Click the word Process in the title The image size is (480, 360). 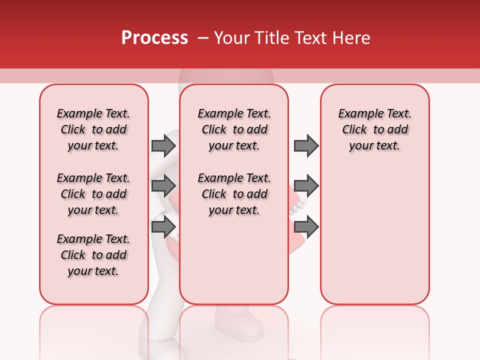coord(154,38)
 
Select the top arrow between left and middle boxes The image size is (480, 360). coord(163,145)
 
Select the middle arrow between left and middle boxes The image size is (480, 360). coord(163,186)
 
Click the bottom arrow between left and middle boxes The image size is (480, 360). coord(163,227)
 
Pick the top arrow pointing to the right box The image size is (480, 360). coord(306,145)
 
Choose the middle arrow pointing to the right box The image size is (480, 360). coord(306,186)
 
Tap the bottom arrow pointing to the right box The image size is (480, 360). coord(306,227)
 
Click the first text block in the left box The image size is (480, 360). coord(93,129)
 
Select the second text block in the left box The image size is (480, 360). coord(93,194)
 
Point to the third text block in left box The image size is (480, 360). coord(93,255)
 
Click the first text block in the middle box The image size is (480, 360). coord(234,129)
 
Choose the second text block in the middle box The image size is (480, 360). coord(234,194)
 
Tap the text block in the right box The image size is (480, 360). coord(375,129)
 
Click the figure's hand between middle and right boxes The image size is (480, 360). coord(300,202)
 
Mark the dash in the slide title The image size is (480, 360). coord(202,38)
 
